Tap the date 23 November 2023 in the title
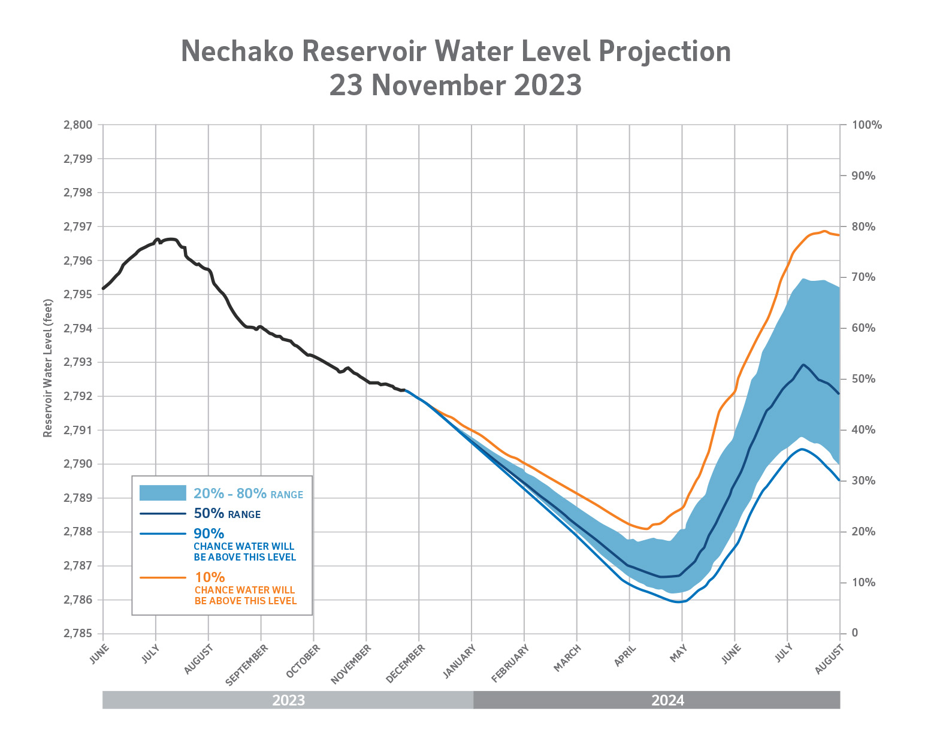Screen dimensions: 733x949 coord(455,85)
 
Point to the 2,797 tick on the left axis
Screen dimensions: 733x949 coord(78,227)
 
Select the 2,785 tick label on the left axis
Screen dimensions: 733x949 coord(78,634)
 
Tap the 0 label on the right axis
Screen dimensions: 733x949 coord(854,633)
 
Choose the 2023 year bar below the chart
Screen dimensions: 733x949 coord(288,700)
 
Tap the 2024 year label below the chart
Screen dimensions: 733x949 coord(667,700)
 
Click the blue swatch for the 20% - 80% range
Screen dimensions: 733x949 coord(162,493)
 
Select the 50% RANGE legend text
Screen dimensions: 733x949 coord(227,514)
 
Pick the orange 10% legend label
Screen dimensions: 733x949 coord(210,577)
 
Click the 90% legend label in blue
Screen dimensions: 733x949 coord(209,534)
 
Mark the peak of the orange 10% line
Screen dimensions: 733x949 coord(824,231)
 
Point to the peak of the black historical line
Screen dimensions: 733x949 coord(170,239)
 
